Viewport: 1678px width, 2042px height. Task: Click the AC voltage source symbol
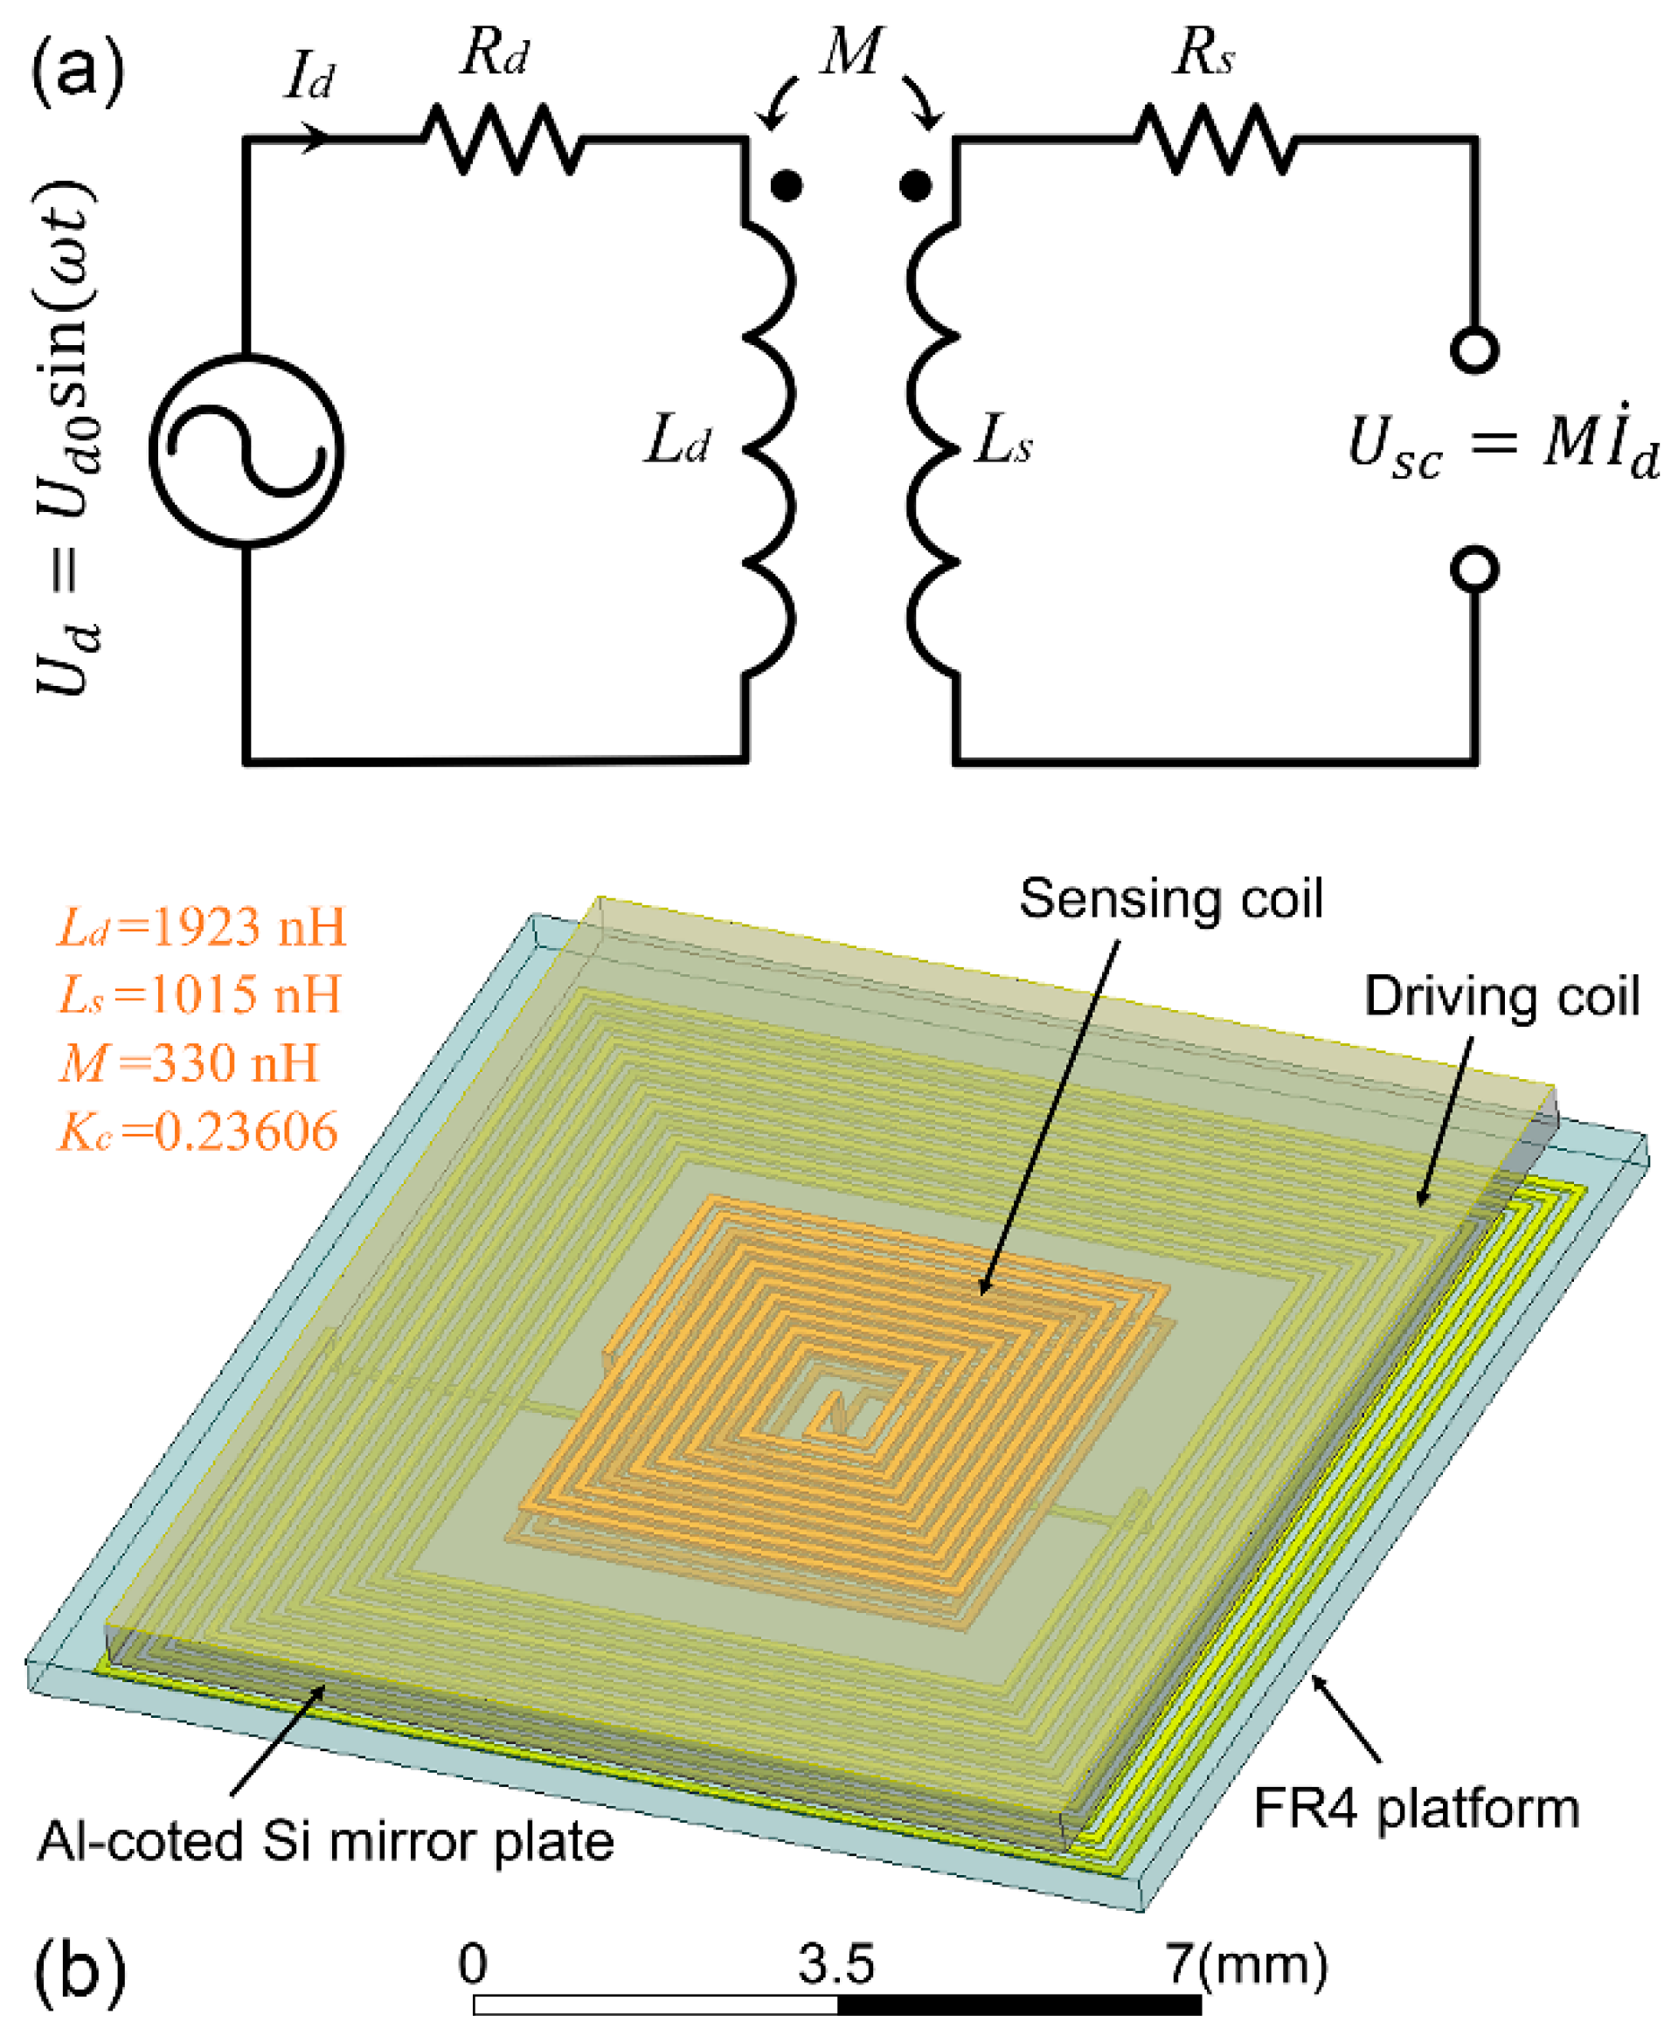(246, 450)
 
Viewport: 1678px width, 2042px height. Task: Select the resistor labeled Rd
(503, 141)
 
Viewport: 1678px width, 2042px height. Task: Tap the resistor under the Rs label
(1214, 141)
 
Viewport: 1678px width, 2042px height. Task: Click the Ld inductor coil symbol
(770, 450)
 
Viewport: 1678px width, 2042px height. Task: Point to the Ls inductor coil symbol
(933, 450)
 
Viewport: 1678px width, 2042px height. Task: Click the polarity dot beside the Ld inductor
(787, 184)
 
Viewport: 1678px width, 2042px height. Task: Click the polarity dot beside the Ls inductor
(914, 184)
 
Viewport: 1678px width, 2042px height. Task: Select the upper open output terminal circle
(1474, 350)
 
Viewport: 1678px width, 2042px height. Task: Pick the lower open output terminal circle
(1474, 569)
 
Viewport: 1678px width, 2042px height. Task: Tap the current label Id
(309, 77)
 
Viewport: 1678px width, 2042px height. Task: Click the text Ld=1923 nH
(201, 928)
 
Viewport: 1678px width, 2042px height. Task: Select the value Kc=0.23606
(198, 1132)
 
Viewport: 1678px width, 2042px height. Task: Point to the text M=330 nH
(189, 1063)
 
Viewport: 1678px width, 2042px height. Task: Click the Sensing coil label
(1170, 899)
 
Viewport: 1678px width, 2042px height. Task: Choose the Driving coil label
(1501, 996)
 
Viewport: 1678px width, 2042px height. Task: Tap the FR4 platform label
(1416, 1809)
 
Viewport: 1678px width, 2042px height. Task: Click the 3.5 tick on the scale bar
(836, 1963)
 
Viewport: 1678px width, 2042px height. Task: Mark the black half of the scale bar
(1019, 2004)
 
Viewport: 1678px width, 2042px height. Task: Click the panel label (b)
(80, 1971)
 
